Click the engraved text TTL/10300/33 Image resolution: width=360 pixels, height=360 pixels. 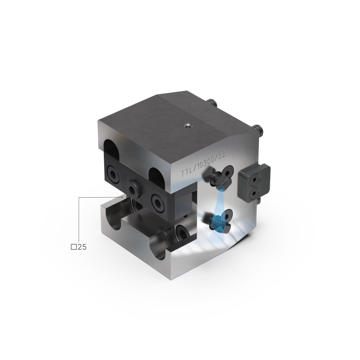(203, 164)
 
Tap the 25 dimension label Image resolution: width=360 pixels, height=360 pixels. (82, 247)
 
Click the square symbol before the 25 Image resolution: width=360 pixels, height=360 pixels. (74, 247)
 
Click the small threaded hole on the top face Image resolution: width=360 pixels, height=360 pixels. (187, 125)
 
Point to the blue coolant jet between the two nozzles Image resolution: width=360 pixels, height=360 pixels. (219, 202)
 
